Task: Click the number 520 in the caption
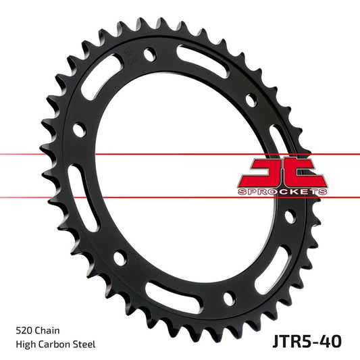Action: [x=24, y=331]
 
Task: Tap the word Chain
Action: [x=49, y=331]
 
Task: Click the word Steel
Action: [x=86, y=344]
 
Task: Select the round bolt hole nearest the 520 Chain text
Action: [x=120, y=257]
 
